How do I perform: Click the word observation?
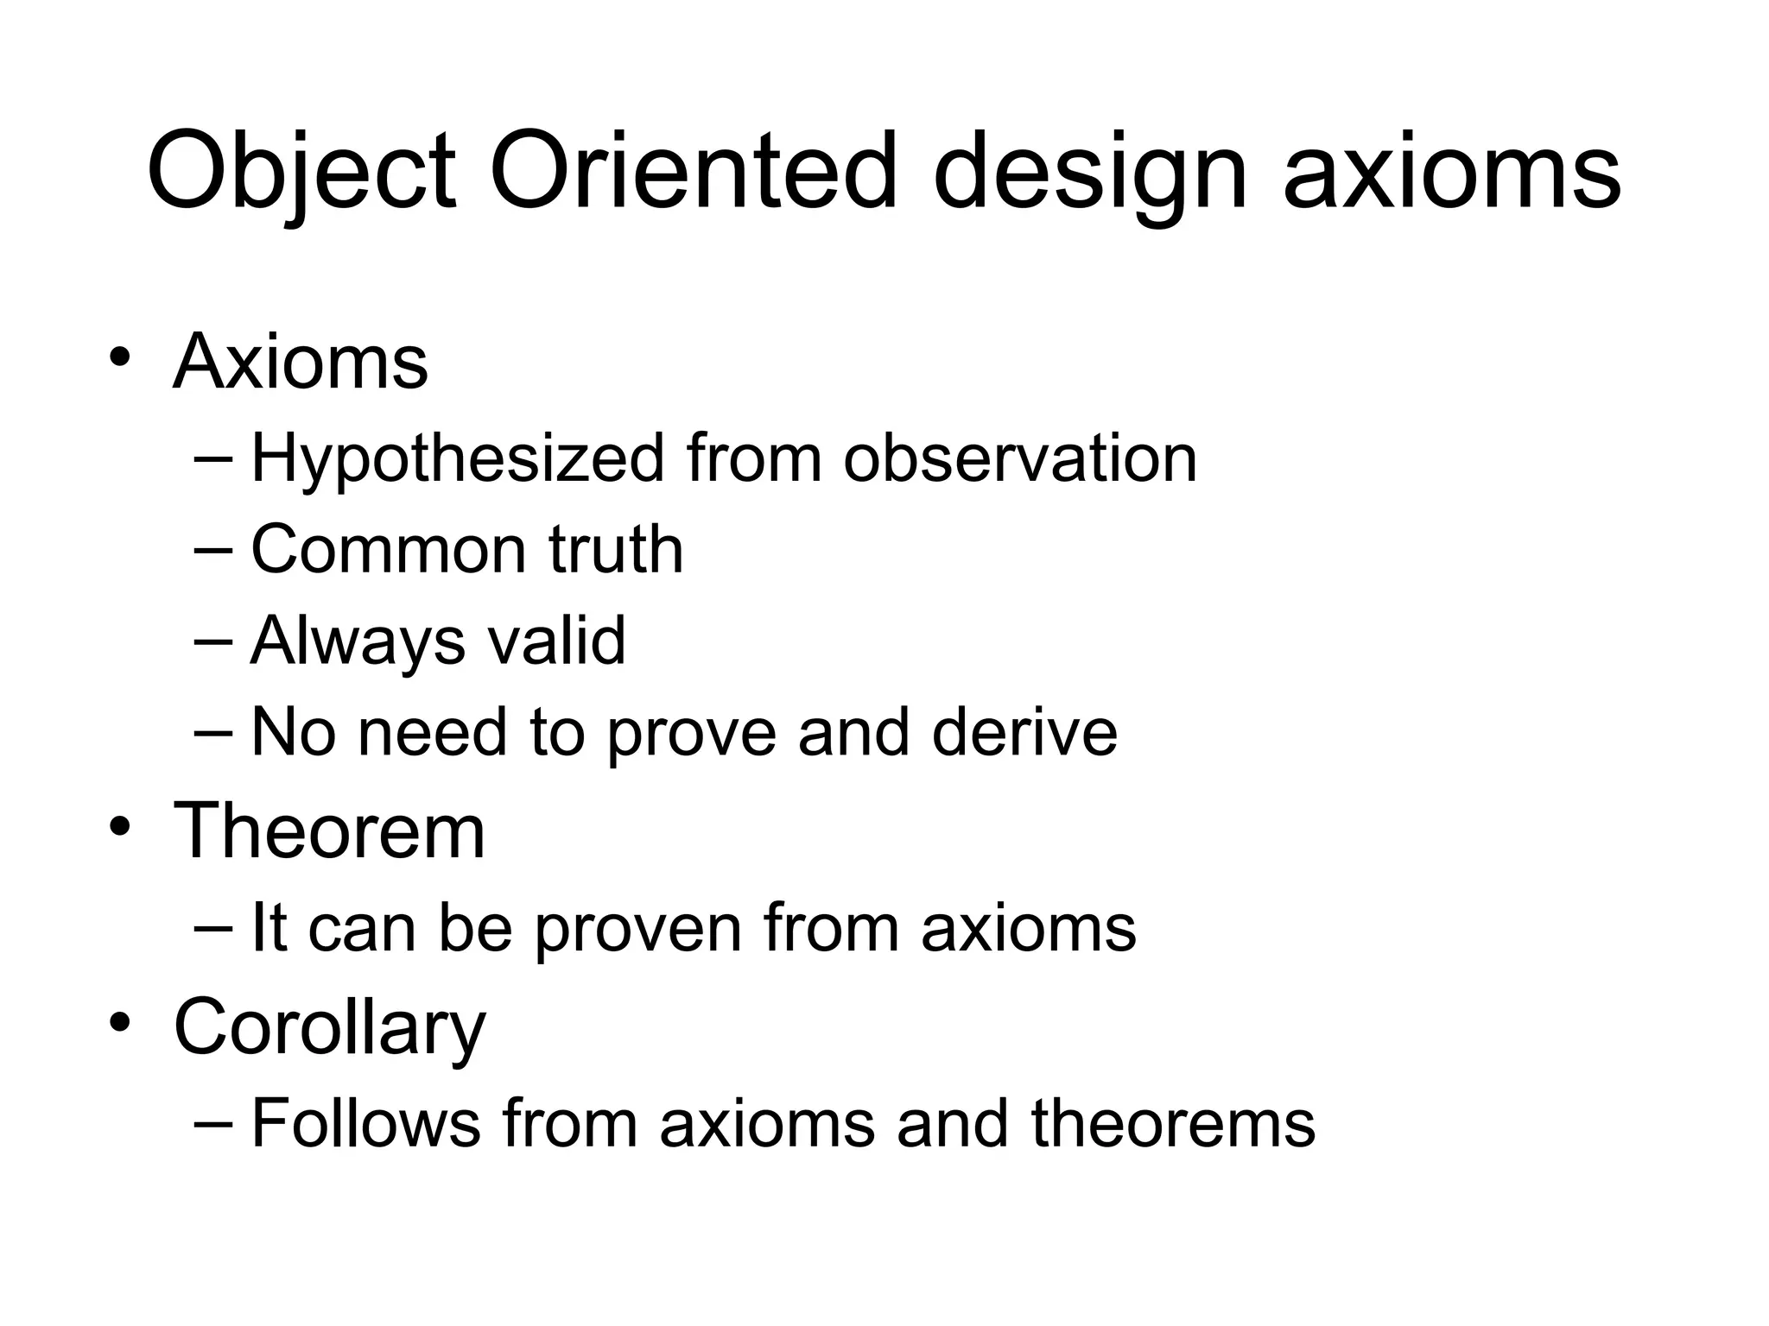[x=1020, y=458]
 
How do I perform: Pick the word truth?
[x=616, y=550]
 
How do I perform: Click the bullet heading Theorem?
[x=329, y=830]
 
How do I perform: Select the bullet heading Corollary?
[x=329, y=1027]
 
